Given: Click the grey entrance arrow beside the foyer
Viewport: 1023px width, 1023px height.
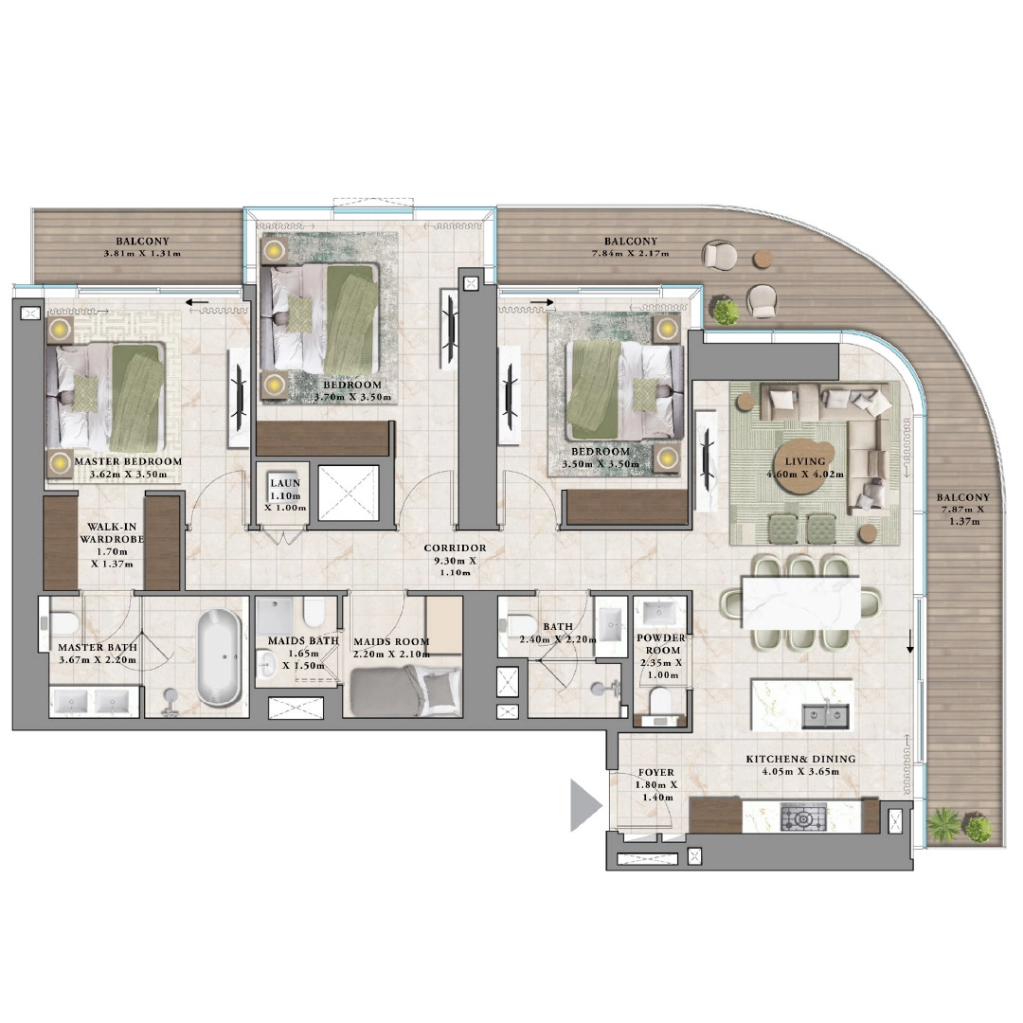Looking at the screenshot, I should (584, 805).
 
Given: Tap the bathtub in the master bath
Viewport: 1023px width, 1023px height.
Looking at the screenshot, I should (219, 656).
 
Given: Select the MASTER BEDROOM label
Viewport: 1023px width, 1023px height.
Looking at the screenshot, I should (128, 462).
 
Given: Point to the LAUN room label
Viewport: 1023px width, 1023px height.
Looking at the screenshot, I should (285, 483).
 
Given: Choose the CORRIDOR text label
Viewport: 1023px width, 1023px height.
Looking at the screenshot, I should (456, 548).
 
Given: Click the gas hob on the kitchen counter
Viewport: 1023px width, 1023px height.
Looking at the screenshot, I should (803, 817).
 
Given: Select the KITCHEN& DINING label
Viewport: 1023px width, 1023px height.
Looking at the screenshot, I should (800, 759).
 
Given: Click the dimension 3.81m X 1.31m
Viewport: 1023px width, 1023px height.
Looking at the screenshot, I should (143, 254).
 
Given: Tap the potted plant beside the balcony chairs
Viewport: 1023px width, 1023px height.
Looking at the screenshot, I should (726, 312).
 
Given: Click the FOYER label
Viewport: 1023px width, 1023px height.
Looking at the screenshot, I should (655, 773).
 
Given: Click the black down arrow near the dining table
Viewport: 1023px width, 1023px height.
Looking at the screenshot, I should (911, 645).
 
